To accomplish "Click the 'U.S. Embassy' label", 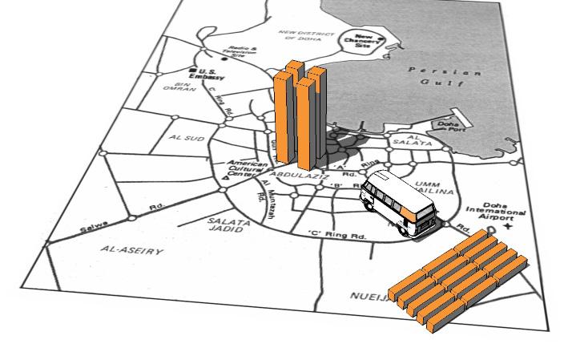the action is pyautogui.click(x=212, y=74).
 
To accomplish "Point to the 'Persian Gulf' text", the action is pyautogui.click(x=446, y=77).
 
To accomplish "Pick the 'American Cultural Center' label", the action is pyautogui.click(x=248, y=170).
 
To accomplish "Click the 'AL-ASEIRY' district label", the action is pyautogui.click(x=132, y=251).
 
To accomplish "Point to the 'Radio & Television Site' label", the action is pyautogui.click(x=241, y=51).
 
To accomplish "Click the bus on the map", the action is pyautogui.click(x=398, y=205).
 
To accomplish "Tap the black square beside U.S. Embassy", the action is pyautogui.click(x=193, y=71).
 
